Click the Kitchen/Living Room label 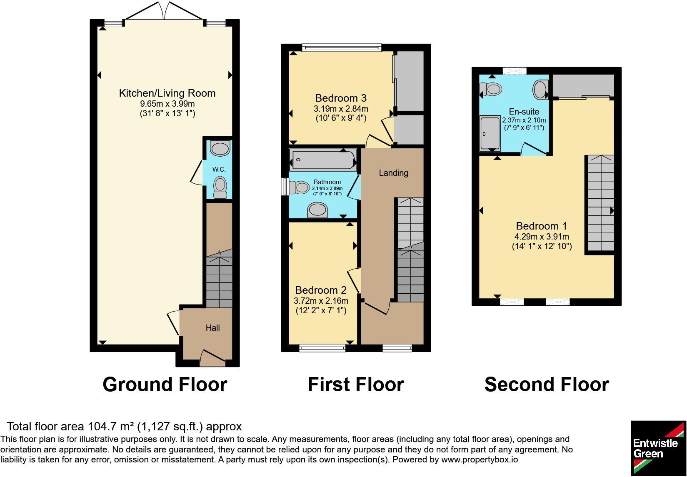pos(167,93)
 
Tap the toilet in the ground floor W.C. pos(220,187)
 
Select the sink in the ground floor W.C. pos(220,148)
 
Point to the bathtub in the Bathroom pos(323,160)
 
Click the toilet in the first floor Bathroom pos(299,187)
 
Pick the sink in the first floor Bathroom pos(317,210)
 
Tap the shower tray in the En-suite pos(490,133)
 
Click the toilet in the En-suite pos(491,90)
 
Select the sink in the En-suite pos(541,90)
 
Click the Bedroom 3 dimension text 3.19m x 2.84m pos(341,109)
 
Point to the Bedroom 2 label pos(321,290)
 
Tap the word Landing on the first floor pos(393,173)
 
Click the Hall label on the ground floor pos(212,328)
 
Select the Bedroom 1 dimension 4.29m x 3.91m pos(542,237)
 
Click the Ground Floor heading pos(165,385)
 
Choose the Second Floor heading pos(547,385)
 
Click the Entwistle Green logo pos(658,448)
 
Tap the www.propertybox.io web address pos(480,460)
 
